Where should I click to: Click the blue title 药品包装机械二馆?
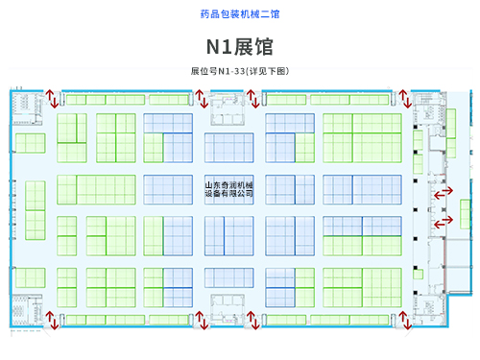pos(240,14)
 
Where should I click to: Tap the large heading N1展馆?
pos(240,47)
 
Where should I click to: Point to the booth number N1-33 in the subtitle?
pos(231,71)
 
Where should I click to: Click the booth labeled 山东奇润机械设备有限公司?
pos(229,189)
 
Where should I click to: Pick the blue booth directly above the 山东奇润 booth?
pos(229,148)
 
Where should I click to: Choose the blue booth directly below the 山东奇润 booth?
pos(229,236)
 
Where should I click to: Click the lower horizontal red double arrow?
pos(444,222)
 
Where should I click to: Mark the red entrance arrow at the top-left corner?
pos(52,99)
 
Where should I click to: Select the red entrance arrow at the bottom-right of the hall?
pos(405,320)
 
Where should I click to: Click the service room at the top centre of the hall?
pos(228,108)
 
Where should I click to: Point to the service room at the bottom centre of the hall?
pos(228,310)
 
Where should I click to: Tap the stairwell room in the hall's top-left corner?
pos(27,108)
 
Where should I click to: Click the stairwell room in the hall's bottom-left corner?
pos(27,310)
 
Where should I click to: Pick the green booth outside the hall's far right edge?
pos(465,214)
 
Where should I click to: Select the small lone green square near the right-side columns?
pos(418,275)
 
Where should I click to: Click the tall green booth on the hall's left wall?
pos(36,210)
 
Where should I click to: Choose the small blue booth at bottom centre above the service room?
pos(229,277)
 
